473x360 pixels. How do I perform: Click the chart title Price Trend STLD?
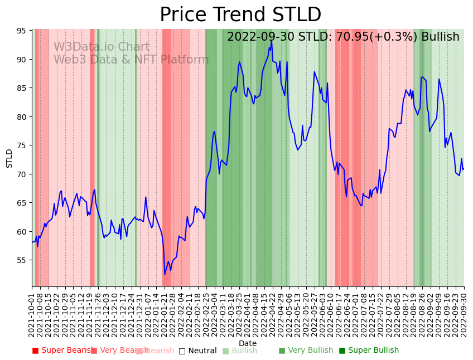240,15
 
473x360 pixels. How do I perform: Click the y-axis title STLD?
9,158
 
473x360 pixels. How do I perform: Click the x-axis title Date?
248,343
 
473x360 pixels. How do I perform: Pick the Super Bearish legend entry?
62,351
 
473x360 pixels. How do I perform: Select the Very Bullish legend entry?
306,351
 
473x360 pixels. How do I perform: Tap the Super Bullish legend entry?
369,351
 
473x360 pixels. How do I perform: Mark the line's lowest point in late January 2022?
165,274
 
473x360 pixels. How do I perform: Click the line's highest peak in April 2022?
272,40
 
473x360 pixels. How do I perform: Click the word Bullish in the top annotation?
440,37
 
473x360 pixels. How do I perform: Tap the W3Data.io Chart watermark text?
102,47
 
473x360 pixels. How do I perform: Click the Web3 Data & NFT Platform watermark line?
131,60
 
